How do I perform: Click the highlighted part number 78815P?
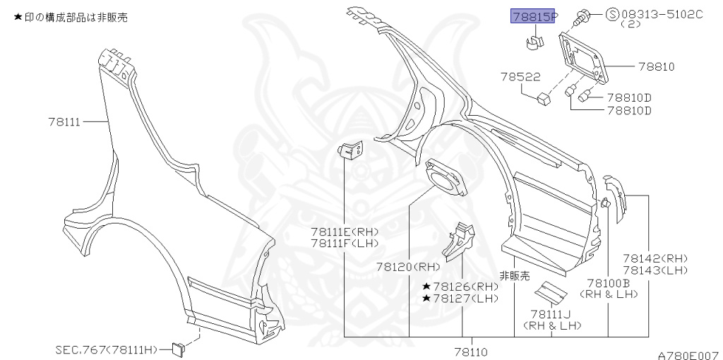click(534, 16)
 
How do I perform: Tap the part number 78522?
click(520, 76)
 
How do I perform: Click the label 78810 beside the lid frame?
click(657, 67)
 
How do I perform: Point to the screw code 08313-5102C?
click(662, 13)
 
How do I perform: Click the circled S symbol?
click(612, 13)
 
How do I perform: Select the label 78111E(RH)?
click(345, 232)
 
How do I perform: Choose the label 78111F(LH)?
click(345, 244)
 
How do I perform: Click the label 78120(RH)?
click(408, 267)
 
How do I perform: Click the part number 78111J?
click(551, 314)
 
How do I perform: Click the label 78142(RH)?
click(655, 258)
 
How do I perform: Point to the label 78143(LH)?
click(655, 270)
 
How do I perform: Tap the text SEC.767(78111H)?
click(109, 349)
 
